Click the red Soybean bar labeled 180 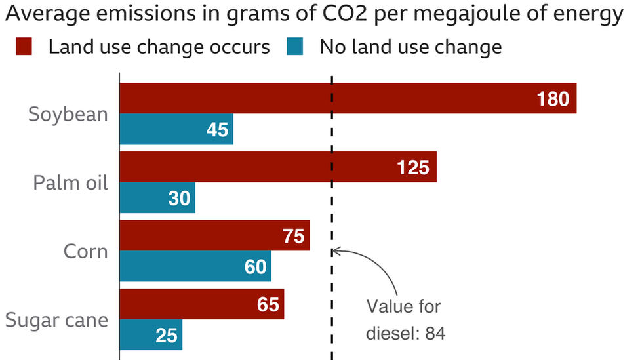[x=348, y=98]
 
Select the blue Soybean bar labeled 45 [x=176, y=129]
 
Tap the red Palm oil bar [x=278, y=167]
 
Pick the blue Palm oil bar [x=157, y=198]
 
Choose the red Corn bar [x=214, y=236]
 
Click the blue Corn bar [x=195, y=266]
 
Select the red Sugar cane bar [x=202, y=304]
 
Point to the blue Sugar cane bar [x=151, y=335]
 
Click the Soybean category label [x=68, y=114]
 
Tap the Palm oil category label [x=70, y=182]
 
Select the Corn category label [x=86, y=251]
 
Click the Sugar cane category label [x=56, y=321]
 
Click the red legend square [x=24, y=47]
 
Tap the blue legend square [x=295, y=47]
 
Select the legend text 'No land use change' [x=410, y=47]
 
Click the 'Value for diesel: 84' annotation [x=405, y=320]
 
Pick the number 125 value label [x=412, y=168]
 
